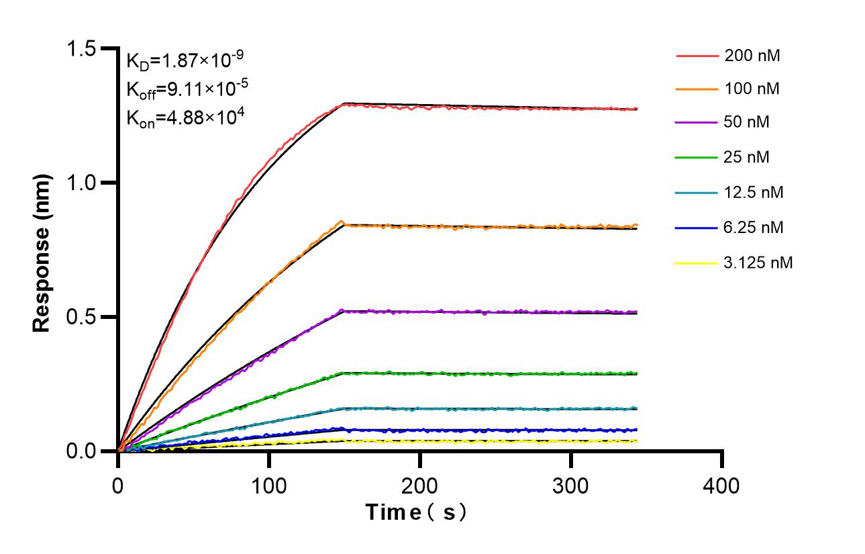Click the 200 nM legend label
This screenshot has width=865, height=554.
752,56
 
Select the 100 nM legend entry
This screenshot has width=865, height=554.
752,89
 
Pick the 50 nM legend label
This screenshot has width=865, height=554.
747,123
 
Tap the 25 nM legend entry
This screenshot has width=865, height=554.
747,158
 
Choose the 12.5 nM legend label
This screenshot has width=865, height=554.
754,193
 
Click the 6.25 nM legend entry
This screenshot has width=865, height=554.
754,228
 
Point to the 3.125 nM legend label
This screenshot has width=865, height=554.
758,263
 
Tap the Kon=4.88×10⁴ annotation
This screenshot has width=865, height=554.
176,118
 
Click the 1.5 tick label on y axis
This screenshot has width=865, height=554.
83,49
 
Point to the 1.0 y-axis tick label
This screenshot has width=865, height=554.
83,183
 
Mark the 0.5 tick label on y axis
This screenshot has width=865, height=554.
83,317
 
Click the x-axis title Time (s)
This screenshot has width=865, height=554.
416,512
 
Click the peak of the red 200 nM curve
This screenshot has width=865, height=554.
345,103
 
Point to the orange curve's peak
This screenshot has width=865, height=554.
342,222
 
